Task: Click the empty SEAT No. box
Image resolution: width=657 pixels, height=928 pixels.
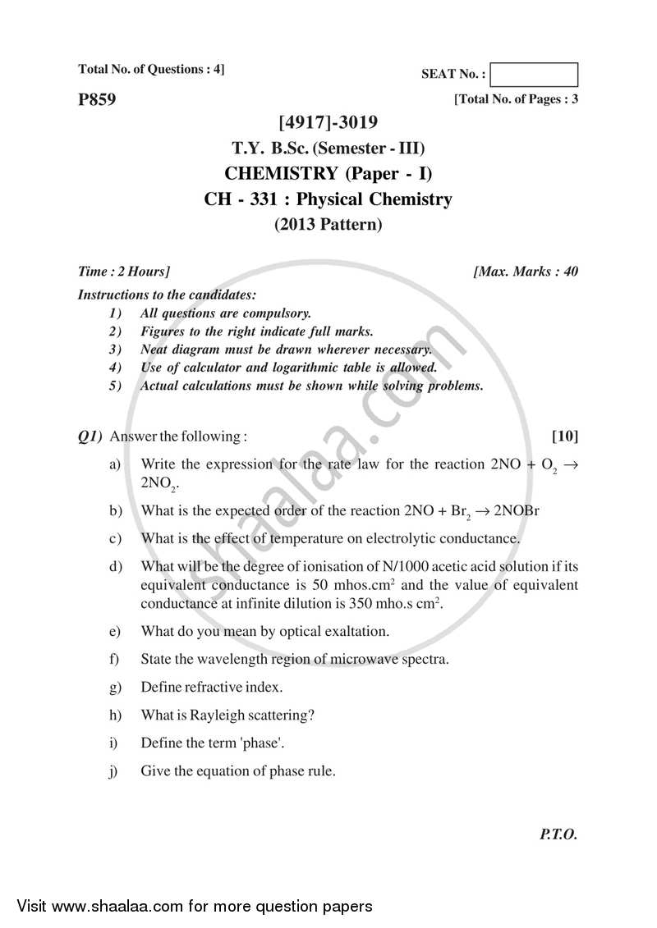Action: pos(535,75)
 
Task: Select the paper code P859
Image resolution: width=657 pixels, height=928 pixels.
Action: pos(97,100)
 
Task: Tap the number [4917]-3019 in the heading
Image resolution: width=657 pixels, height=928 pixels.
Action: pos(328,123)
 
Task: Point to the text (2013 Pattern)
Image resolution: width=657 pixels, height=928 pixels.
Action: pos(328,224)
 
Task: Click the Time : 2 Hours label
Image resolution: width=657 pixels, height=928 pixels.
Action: pos(124,272)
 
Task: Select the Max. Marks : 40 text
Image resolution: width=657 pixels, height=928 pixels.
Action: pos(526,272)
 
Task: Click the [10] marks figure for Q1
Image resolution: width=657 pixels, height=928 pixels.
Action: pos(565,435)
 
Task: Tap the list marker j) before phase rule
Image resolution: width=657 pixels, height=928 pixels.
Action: pos(114,770)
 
